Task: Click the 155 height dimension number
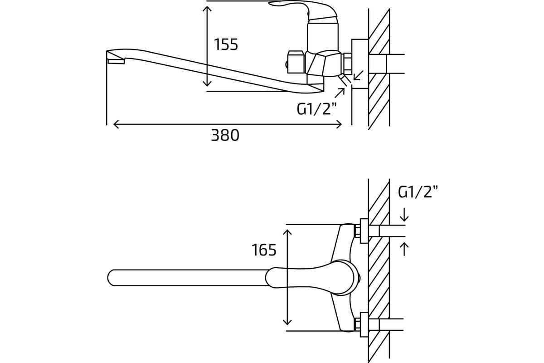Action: tap(226, 44)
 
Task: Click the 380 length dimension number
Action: tap(225, 135)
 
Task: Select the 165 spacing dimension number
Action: tap(264, 250)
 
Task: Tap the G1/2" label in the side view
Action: tap(317, 109)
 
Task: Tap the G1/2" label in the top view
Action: tap(418, 192)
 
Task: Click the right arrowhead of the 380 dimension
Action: tap(339, 124)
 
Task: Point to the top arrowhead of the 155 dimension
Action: tap(207, 8)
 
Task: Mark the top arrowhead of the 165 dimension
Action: tap(287, 232)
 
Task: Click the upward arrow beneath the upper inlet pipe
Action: tap(404, 249)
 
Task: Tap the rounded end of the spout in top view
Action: tap(111, 278)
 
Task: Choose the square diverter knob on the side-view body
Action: tap(296, 63)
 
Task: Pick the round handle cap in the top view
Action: tap(343, 278)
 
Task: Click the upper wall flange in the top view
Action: tap(364, 231)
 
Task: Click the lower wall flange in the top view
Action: tap(364, 324)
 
